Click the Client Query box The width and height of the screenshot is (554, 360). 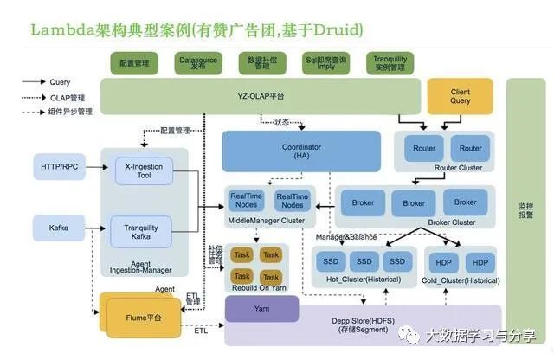[x=461, y=96]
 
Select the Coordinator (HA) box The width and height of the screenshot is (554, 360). [x=301, y=151]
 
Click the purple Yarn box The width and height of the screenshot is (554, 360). [x=261, y=309]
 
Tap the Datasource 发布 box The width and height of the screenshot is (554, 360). [x=198, y=63]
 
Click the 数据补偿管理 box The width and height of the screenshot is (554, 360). [x=262, y=63]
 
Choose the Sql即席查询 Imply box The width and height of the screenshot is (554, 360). [x=325, y=63]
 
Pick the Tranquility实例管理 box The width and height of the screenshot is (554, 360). [x=390, y=63]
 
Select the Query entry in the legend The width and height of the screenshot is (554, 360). [x=61, y=82]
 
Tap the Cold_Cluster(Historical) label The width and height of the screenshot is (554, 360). [x=460, y=280]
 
